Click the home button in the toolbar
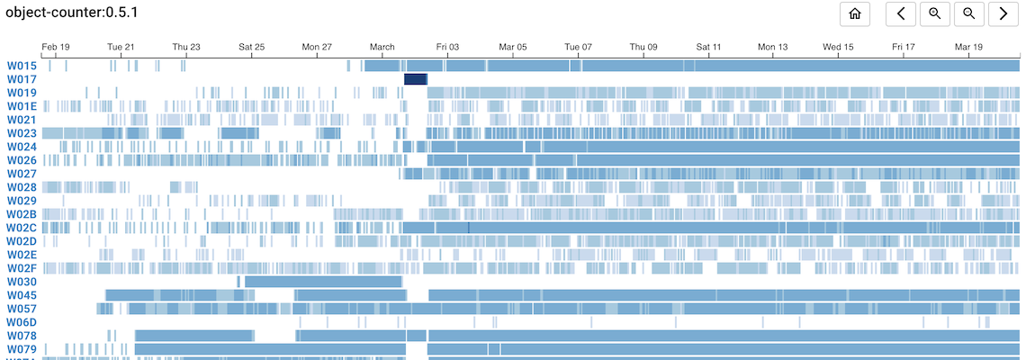(x=855, y=13)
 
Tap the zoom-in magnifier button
(x=935, y=13)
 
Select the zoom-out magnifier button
(x=968, y=13)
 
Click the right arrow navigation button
(x=1003, y=13)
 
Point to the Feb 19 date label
(x=56, y=46)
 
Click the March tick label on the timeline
(x=382, y=46)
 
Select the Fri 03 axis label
(x=447, y=46)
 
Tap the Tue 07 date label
(x=578, y=46)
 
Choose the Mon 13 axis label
(x=773, y=46)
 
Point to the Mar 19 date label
(x=969, y=46)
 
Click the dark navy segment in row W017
(x=415, y=79)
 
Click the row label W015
(x=22, y=66)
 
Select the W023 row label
(x=22, y=133)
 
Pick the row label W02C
(x=22, y=228)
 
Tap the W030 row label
(x=22, y=282)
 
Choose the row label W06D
(x=22, y=322)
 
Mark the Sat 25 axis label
(x=252, y=46)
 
